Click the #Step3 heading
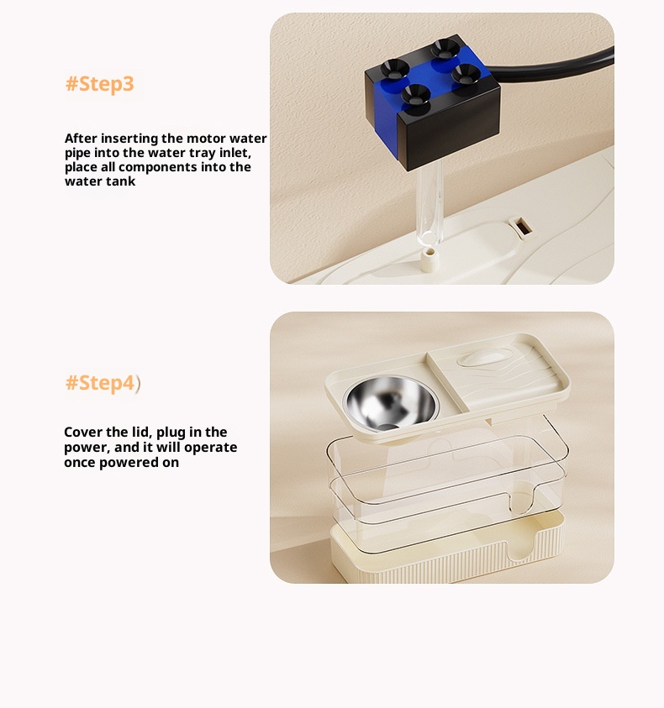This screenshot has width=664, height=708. (100, 85)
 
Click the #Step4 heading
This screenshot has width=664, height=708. (100, 383)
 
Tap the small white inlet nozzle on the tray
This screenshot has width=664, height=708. (429, 259)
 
